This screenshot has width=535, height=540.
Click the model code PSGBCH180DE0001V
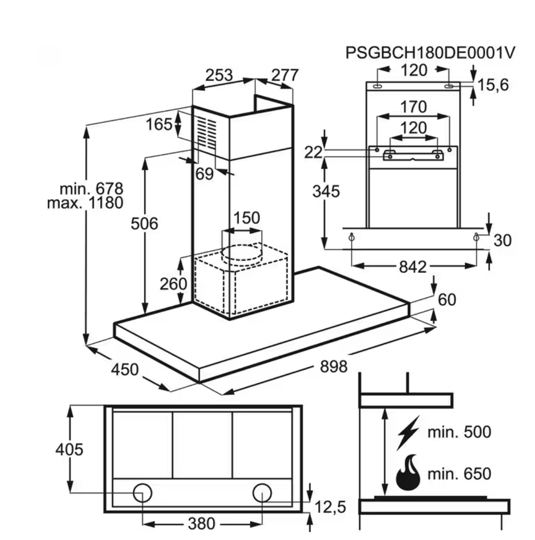point(430,53)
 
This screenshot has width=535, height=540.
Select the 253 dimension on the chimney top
point(219,76)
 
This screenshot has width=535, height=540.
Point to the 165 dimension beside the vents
point(159,124)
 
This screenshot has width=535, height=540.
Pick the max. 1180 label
point(85,202)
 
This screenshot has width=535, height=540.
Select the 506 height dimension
point(144,224)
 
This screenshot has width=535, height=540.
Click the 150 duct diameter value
point(246,218)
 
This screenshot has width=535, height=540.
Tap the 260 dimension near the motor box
point(174,283)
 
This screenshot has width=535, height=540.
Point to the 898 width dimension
point(333,366)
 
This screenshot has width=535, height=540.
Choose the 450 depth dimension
point(125,370)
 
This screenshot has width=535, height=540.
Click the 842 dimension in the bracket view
point(413,267)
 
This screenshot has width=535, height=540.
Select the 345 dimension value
point(326,191)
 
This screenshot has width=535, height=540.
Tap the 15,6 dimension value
point(493,85)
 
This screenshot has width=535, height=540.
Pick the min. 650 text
point(459,474)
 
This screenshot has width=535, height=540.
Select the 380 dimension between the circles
point(201,524)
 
